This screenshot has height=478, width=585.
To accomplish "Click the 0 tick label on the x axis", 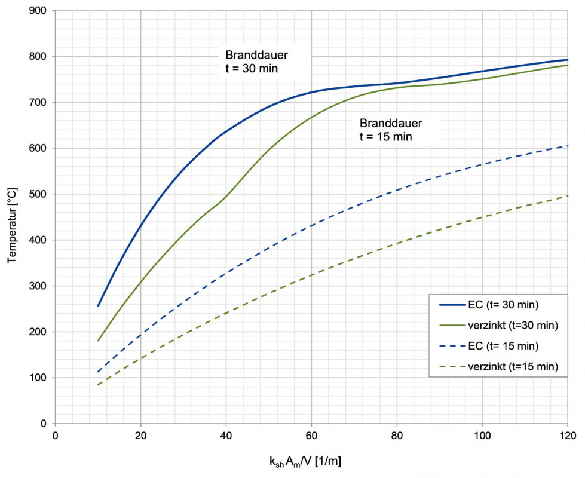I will pyautogui.click(x=55, y=435).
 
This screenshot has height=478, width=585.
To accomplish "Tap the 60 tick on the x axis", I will pyautogui.click(x=311, y=435).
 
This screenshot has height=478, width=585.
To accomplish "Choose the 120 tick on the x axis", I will pyautogui.click(x=567, y=435).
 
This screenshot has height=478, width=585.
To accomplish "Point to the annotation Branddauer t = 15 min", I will pyautogui.click(x=391, y=130).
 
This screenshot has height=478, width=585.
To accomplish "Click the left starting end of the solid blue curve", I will pyautogui.click(x=98, y=306).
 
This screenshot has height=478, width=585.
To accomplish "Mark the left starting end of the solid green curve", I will pyautogui.click(x=98, y=341).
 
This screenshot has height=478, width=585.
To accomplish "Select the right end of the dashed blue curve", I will pyautogui.click(x=567, y=146).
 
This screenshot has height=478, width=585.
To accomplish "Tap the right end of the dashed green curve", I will pyautogui.click(x=567, y=195).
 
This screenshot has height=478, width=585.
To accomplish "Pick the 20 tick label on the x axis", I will pyautogui.click(x=140, y=435).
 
